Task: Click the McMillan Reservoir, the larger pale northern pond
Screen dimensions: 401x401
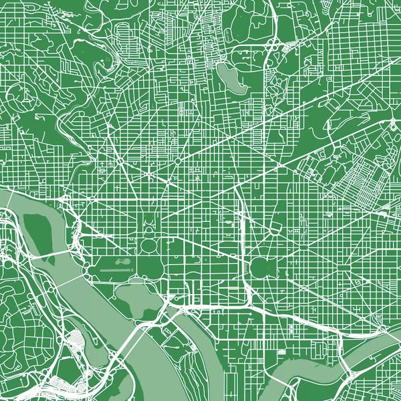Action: (x=230, y=78)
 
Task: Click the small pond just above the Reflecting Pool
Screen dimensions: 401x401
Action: (x=123, y=262)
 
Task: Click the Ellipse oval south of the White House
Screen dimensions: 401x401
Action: (x=148, y=245)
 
